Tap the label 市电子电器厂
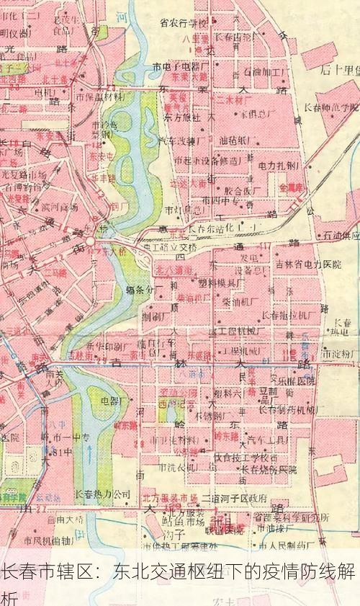click(x=181, y=66)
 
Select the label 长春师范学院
click(x=334, y=108)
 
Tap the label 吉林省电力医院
click(x=308, y=264)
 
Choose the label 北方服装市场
click(x=169, y=498)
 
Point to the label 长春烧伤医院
click(x=268, y=469)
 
